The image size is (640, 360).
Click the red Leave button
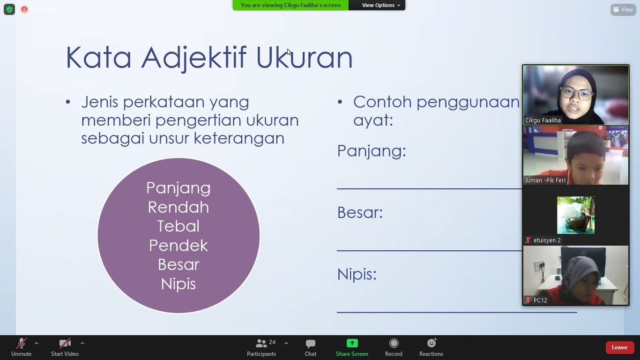(x=619, y=347)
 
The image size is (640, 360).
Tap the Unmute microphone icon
(x=21, y=343)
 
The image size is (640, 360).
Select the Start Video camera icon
(x=65, y=343)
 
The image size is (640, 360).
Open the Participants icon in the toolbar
(x=261, y=343)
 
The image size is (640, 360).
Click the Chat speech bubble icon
(x=310, y=344)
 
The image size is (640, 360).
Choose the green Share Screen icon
(x=352, y=343)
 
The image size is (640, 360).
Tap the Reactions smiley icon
(x=432, y=343)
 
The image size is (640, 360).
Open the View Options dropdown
(x=380, y=5)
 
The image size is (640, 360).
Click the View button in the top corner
(x=623, y=10)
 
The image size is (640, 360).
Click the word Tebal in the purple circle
(x=179, y=226)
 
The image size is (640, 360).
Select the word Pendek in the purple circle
(x=179, y=245)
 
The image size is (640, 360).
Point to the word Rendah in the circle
(x=179, y=207)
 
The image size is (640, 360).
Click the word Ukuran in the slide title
(x=304, y=58)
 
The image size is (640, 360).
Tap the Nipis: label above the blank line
(x=357, y=274)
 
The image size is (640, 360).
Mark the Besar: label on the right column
(x=360, y=212)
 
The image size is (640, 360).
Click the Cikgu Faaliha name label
(x=543, y=120)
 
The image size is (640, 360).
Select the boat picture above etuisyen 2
(x=576, y=215)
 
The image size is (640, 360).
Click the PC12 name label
(x=540, y=300)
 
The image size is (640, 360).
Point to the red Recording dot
(x=24, y=9)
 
